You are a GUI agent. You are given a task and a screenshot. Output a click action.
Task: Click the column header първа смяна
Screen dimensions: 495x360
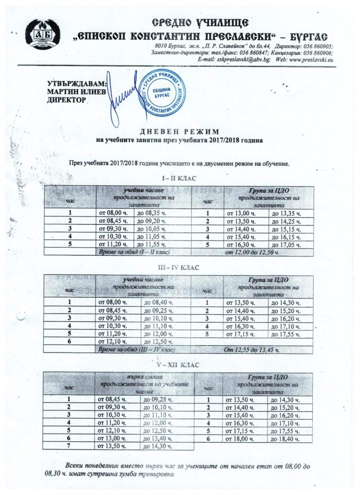(144, 377)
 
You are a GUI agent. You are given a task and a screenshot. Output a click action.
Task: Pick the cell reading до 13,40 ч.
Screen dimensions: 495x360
(157, 438)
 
